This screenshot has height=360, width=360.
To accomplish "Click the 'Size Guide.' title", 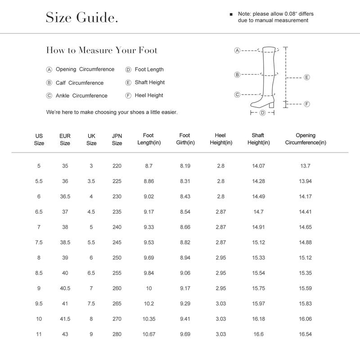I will [x=82, y=18].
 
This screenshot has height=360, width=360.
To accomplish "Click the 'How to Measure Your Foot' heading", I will [x=102, y=50].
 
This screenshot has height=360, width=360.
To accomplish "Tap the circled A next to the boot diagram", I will [x=237, y=50].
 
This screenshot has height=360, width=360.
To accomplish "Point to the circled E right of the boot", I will [x=307, y=77].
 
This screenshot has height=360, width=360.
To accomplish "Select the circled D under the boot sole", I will [x=262, y=112].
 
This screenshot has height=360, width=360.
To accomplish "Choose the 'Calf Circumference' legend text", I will [x=80, y=83].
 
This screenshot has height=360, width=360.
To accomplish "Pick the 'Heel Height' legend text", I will [x=149, y=95].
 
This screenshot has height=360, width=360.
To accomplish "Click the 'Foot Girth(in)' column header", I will [x=184, y=139].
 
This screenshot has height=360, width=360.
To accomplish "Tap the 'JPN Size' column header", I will [x=117, y=139].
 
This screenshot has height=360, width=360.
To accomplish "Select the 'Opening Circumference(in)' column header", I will [x=306, y=139].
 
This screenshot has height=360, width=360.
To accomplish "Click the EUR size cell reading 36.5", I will [x=65, y=197].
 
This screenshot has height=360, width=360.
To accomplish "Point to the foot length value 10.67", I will [x=148, y=334].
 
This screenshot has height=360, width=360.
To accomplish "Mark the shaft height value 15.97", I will [x=258, y=304].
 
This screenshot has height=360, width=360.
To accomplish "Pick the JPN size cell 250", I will [x=117, y=258].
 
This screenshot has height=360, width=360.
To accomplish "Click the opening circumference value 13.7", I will [x=305, y=166].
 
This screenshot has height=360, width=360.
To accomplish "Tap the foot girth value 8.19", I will [x=185, y=166].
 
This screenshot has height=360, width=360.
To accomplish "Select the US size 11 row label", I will [x=39, y=334].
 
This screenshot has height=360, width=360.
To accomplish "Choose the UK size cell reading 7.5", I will [x=91, y=304].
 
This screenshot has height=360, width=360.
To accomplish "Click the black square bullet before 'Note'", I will [x=231, y=14].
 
